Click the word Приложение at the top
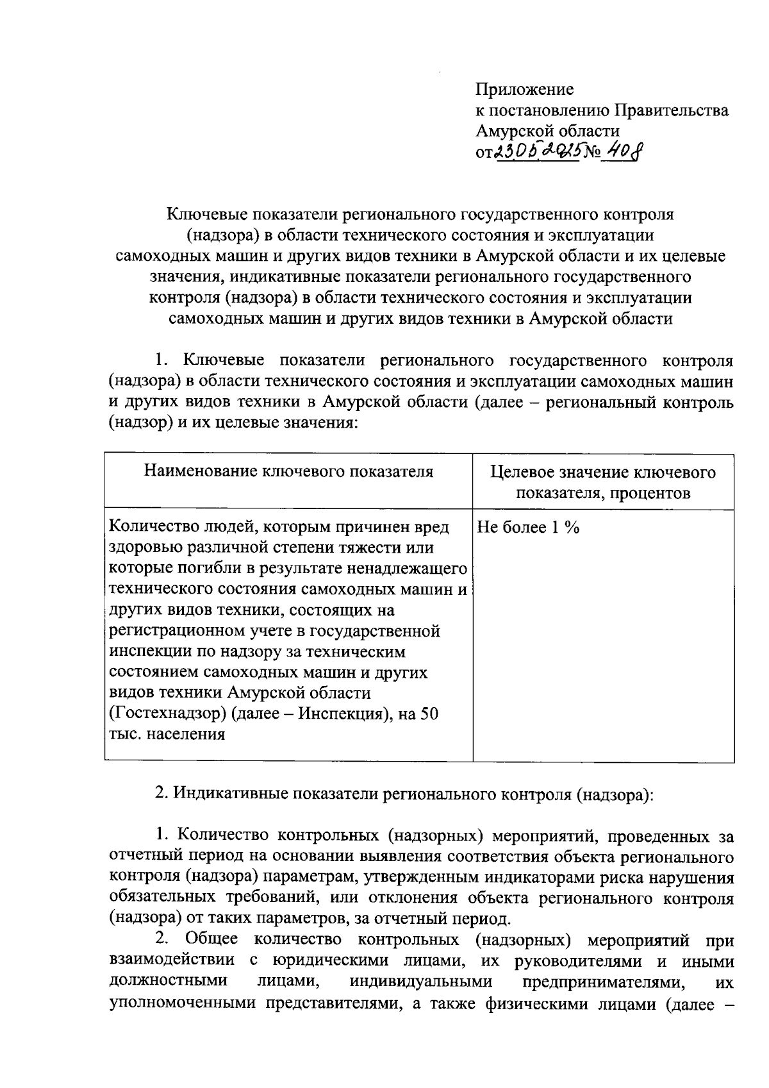pos(524,89)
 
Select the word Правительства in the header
pos(671,110)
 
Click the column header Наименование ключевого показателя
pos(288,472)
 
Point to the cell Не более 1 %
pos(528,528)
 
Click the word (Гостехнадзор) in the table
pos(164,714)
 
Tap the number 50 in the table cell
pos(429,714)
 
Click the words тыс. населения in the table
pos(167,734)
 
